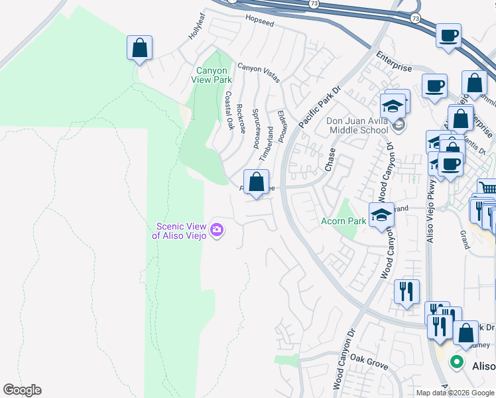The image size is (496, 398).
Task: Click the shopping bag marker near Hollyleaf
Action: [x=139, y=48]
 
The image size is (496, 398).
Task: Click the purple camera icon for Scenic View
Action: [x=217, y=230]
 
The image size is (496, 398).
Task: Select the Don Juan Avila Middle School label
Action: [x=357, y=125]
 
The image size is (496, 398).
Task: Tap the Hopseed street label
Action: [x=259, y=22]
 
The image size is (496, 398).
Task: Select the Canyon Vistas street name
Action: [x=259, y=68]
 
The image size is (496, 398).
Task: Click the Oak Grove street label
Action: [x=369, y=364]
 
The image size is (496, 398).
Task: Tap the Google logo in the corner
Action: [x=22, y=390]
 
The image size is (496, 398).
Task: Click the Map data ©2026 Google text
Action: [x=455, y=393]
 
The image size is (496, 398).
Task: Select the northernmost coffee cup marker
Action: [x=448, y=35]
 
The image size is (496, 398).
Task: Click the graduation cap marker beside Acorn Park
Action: [x=381, y=215]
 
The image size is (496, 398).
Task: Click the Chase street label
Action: [x=330, y=159]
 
